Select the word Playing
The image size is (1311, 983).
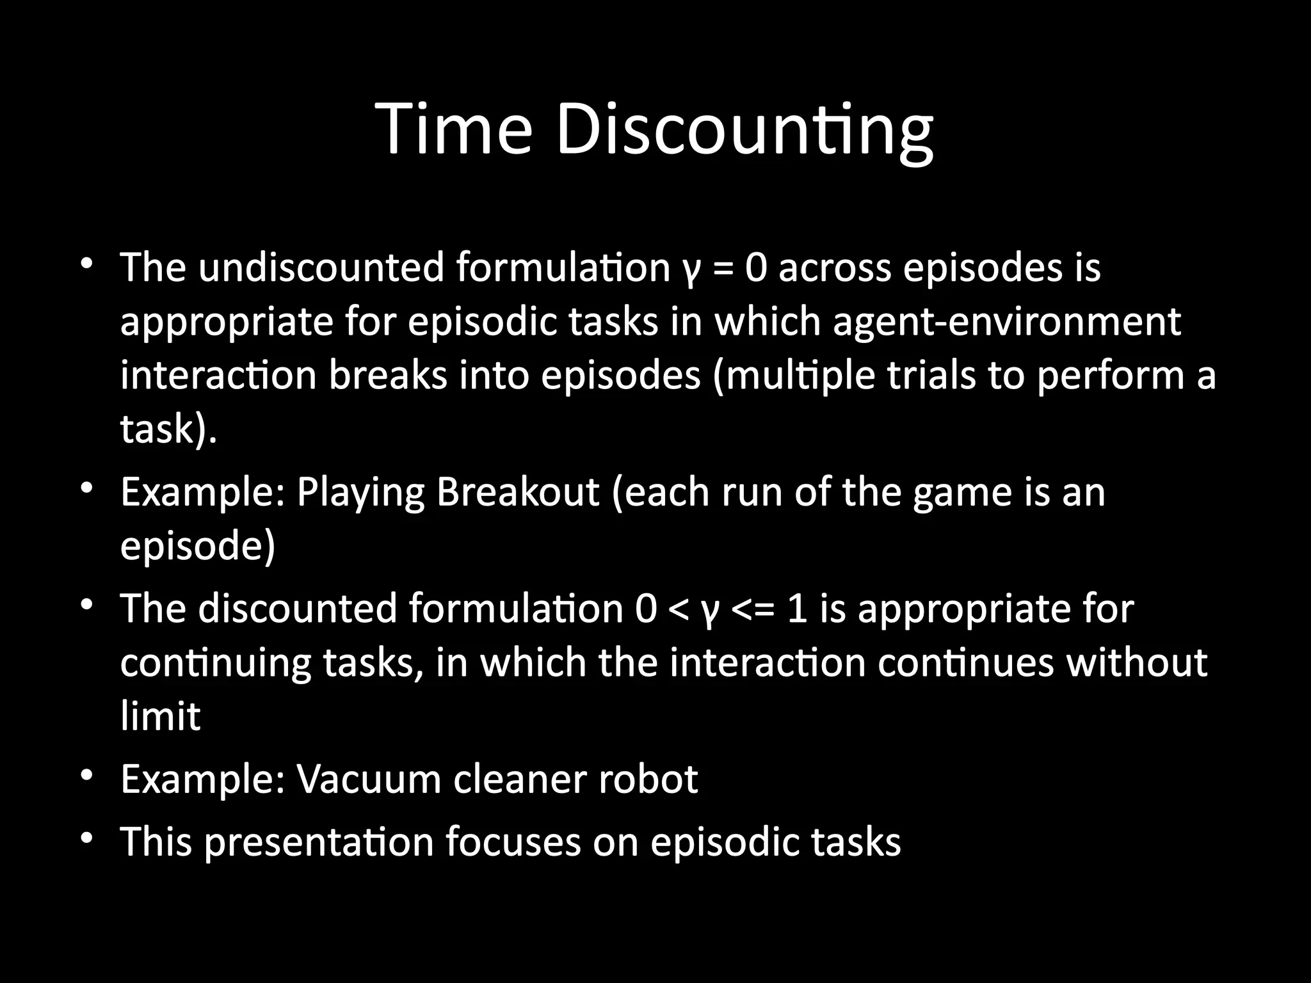pyautogui.click(x=360, y=493)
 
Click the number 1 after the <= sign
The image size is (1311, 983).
pyautogui.click(x=796, y=609)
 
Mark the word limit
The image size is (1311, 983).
pyautogui.click(x=161, y=715)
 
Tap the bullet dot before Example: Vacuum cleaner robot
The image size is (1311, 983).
pyautogui.click(x=87, y=776)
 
